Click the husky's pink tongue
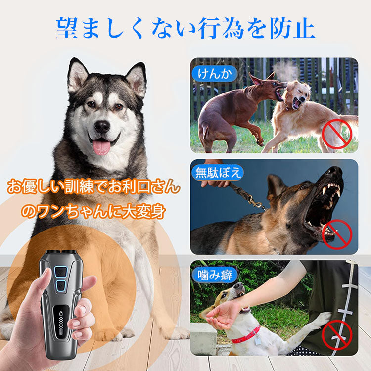tap(101, 146)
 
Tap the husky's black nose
tap(102, 126)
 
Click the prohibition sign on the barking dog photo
tap(336, 233)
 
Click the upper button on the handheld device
tap(62, 271)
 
